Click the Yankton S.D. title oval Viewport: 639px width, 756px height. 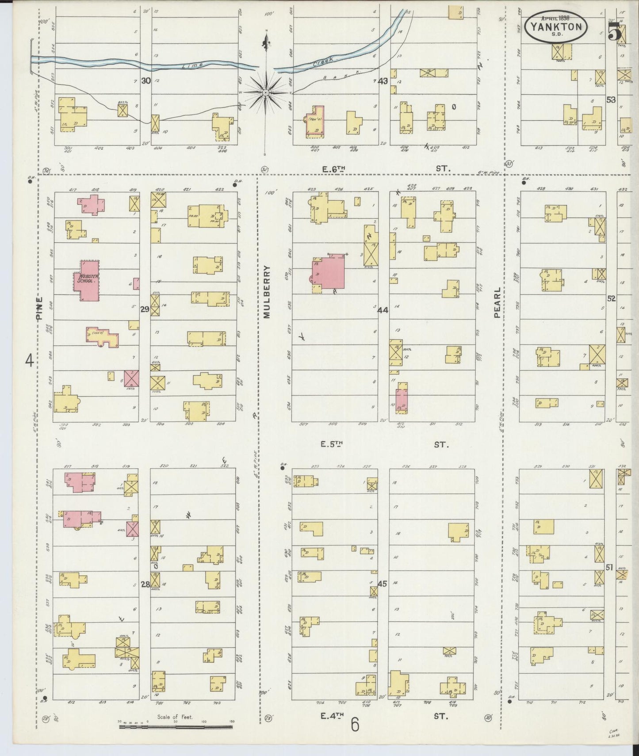click(556, 27)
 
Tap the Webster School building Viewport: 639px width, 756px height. click(87, 280)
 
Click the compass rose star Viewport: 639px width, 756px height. click(265, 92)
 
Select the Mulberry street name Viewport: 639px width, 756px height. click(267, 292)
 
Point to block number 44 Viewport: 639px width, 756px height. click(383, 310)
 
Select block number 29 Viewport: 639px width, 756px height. click(145, 309)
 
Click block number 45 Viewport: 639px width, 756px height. click(383, 584)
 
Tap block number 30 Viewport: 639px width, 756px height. click(146, 81)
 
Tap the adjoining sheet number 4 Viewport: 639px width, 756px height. click(29, 361)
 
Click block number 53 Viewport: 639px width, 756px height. click(611, 100)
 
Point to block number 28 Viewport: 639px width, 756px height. click(145, 584)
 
